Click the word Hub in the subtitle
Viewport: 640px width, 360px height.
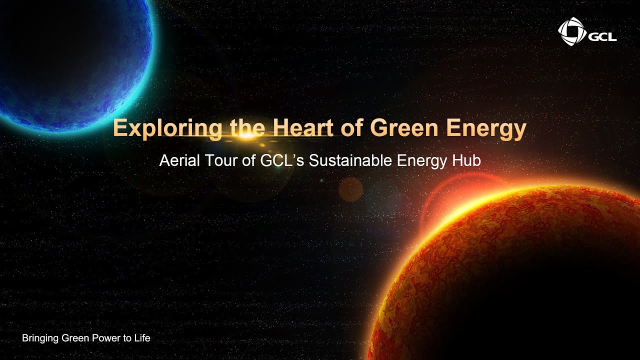[468, 161]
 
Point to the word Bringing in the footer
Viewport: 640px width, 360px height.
[40, 338]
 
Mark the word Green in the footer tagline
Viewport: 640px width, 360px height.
[73, 338]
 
